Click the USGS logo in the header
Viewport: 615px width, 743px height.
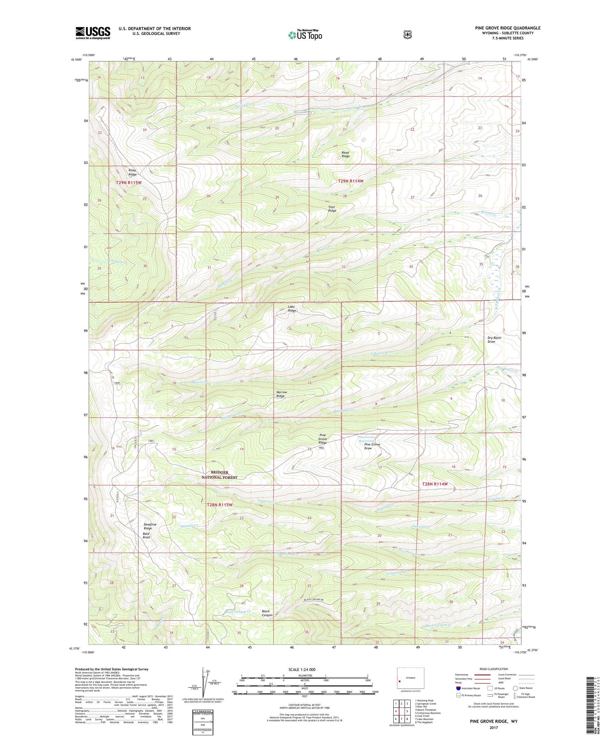pos(93,33)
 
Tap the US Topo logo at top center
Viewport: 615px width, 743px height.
pos(304,34)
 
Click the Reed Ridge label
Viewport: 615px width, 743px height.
pos(346,154)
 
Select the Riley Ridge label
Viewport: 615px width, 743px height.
pos(133,172)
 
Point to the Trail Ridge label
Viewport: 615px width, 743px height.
pos(332,209)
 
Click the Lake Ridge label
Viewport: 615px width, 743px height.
pos(292,309)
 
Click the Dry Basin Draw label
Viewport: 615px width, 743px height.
pos(494,340)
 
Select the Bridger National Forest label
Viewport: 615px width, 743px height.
pos(219,475)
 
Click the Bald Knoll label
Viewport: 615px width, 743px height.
pos(146,535)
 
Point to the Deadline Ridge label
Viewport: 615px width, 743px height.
pos(150,526)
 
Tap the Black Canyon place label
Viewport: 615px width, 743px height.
pos(267,613)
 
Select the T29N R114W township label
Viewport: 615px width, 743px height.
pos(351,181)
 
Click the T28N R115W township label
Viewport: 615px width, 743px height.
pos(220,505)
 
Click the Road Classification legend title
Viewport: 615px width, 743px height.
pos(493,669)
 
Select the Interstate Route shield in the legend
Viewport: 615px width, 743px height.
pos(458,688)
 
